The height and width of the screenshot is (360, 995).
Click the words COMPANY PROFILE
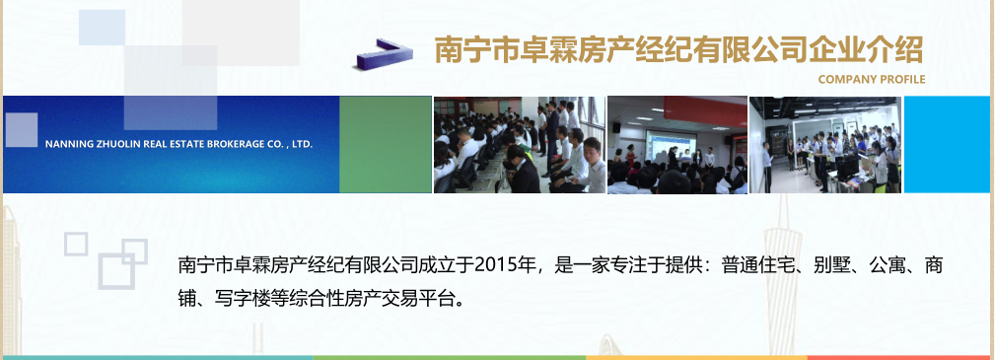point(872,79)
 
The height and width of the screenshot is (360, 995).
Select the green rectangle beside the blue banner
point(386,144)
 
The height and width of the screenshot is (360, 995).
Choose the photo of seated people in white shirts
point(519,144)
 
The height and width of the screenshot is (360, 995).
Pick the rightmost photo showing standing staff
point(824,144)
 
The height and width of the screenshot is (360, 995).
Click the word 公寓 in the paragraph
point(889,265)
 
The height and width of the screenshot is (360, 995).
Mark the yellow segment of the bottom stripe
point(696,357)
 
